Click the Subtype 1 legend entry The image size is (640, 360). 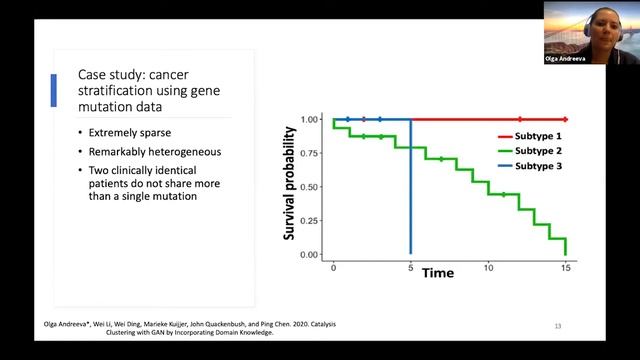(x=530, y=136)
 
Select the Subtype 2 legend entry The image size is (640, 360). (x=530, y=151)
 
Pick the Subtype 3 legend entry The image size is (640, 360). (x=530, y=166)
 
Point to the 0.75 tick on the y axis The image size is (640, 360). (x=309, y=153)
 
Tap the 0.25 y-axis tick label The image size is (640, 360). (x=309, y=221)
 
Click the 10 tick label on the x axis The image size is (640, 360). (x=489, y=268)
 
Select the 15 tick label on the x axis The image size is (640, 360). (x=566, y=268)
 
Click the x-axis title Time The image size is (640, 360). (x=438, y=273)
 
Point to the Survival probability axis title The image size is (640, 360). (x=289, y=183)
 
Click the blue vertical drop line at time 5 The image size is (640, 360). (x=411, y=187)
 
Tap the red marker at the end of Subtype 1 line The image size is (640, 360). (x=565, y=120)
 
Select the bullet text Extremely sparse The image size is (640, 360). (x=130, y=133)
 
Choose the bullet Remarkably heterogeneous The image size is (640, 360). (x=155, y=152)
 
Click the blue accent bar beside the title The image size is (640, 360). (x=53, y=91)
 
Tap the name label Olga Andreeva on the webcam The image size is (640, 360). (x=565, y=59)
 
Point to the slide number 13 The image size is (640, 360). (x=558, y=326)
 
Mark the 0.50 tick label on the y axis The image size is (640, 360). (x=309, y=187)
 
